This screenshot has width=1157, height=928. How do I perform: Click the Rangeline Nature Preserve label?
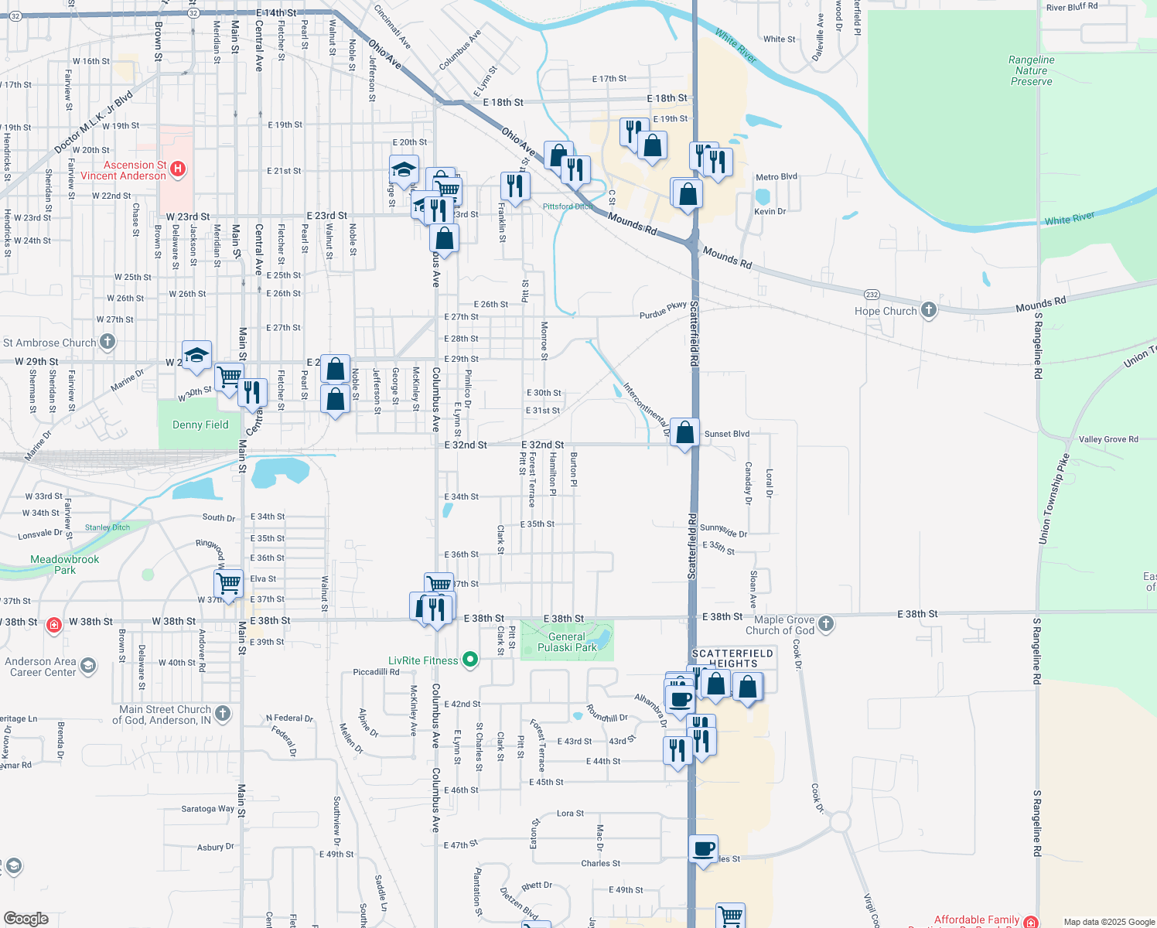pyautogui.click(x=1031, y=70)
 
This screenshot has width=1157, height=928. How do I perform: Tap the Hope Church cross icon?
pyautogui.click(x=928, y=310)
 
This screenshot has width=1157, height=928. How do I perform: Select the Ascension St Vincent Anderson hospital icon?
pyautogui.click(x=178, y=169)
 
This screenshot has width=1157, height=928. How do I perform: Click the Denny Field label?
pyautogui.click(x=200, y=425)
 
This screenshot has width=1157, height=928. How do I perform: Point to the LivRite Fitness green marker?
pyautogui.click(x=470, y=660)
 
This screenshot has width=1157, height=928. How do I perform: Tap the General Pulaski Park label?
pyautogui.click(x=567, y=642)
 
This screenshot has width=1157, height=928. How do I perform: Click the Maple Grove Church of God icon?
pyautogui.click(x=826, y=623)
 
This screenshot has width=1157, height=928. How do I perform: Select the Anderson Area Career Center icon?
pyautogui.click(x=88, y=665)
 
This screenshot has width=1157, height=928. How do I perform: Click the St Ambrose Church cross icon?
pyautogui.click(x=108, y=341)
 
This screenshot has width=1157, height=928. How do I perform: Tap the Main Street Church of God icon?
pyautogui.click(x=223, y=713)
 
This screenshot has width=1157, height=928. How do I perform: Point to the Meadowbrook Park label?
pyautogui.click(x=65, y=565)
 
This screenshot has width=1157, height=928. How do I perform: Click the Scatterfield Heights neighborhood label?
pyautogui.click(x=732, y=658)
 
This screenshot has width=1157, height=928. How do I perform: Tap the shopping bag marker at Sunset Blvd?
pyautogui.click(x=685, y=433)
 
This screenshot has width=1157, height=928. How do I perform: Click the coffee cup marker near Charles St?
pyautogui.click(x=703, y=849)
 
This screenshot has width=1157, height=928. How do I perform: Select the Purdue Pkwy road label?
pyautogui.click(x=664, y=310)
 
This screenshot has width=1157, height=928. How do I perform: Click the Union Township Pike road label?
pyautogui.click(x=1054, y=499)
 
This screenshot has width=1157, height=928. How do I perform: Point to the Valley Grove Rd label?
pyautogui.click(x=1108, y=439)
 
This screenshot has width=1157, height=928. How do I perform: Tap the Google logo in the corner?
pyautogui.click(x=26, y=919)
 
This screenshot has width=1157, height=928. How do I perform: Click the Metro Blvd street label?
pyautogui.click(x=776, y=177)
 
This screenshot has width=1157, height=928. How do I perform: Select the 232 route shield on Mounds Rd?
pyautogui.click(x=872, y=295)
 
